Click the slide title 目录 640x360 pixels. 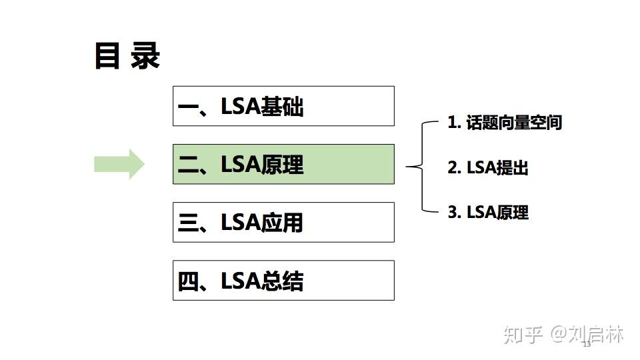127,56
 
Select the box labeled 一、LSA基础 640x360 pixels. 283,106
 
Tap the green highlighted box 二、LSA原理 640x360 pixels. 283,164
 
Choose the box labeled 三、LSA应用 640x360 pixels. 283,222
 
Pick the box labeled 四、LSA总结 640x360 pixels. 283,280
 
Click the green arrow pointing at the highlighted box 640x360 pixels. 119,164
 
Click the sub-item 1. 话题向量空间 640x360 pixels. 505,123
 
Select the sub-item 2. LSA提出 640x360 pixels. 488,168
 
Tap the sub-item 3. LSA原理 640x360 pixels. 488,213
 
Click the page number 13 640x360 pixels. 587,345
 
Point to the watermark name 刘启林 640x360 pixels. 597,334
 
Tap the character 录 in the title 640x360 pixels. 145,56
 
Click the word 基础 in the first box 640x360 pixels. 283,107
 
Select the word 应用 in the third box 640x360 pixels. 283,223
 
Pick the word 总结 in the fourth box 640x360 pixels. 283,281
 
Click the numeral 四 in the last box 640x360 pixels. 189,281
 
